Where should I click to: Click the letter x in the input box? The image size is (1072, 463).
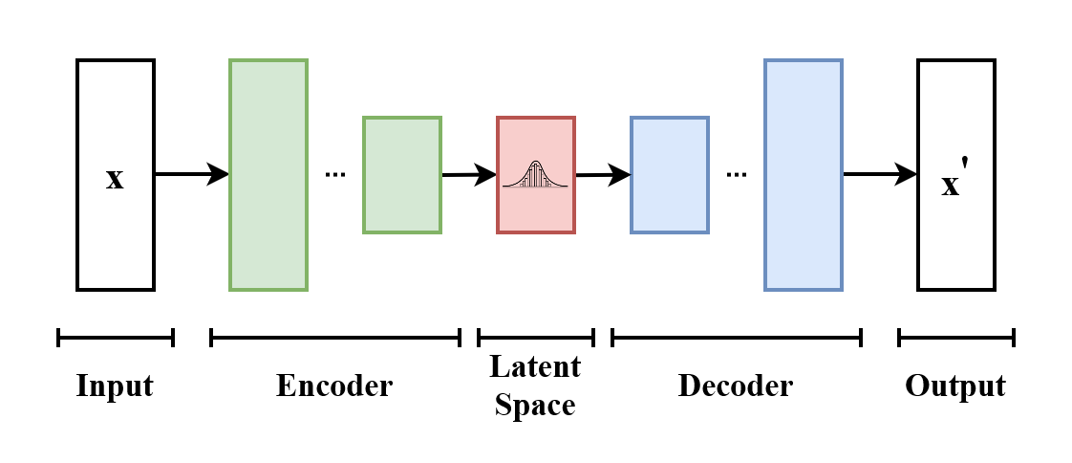(x=115, y=179)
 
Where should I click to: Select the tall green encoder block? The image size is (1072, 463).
(x=268, y=175)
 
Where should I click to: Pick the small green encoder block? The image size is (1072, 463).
(x=402, y=175)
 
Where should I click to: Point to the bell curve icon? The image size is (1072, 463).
(x=536, y=173)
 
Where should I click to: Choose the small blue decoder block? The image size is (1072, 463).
(x=670, y=175)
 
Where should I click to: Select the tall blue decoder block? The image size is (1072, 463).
(x=804, y=175)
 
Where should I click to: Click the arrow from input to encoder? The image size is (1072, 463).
(x=191, y=174)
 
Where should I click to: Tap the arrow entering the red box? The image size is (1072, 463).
(x=469, y=175)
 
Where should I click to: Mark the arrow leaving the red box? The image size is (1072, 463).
(x=603, y=175)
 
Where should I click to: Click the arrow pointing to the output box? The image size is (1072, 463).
(x=879, y=174)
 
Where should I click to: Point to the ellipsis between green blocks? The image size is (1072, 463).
(x=334, y=175)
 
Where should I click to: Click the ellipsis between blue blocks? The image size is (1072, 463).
(x=736, y=175)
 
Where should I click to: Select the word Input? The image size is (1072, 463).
(x=115, y=386)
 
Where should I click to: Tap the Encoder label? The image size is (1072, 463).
(x=334, y=386)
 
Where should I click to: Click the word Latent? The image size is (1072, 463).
(x=535, y=366)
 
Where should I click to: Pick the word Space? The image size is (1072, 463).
(x=535, y=405)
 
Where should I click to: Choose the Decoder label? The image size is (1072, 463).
(x=736, y=386)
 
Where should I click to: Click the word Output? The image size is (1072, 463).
(x=955, y=386)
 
